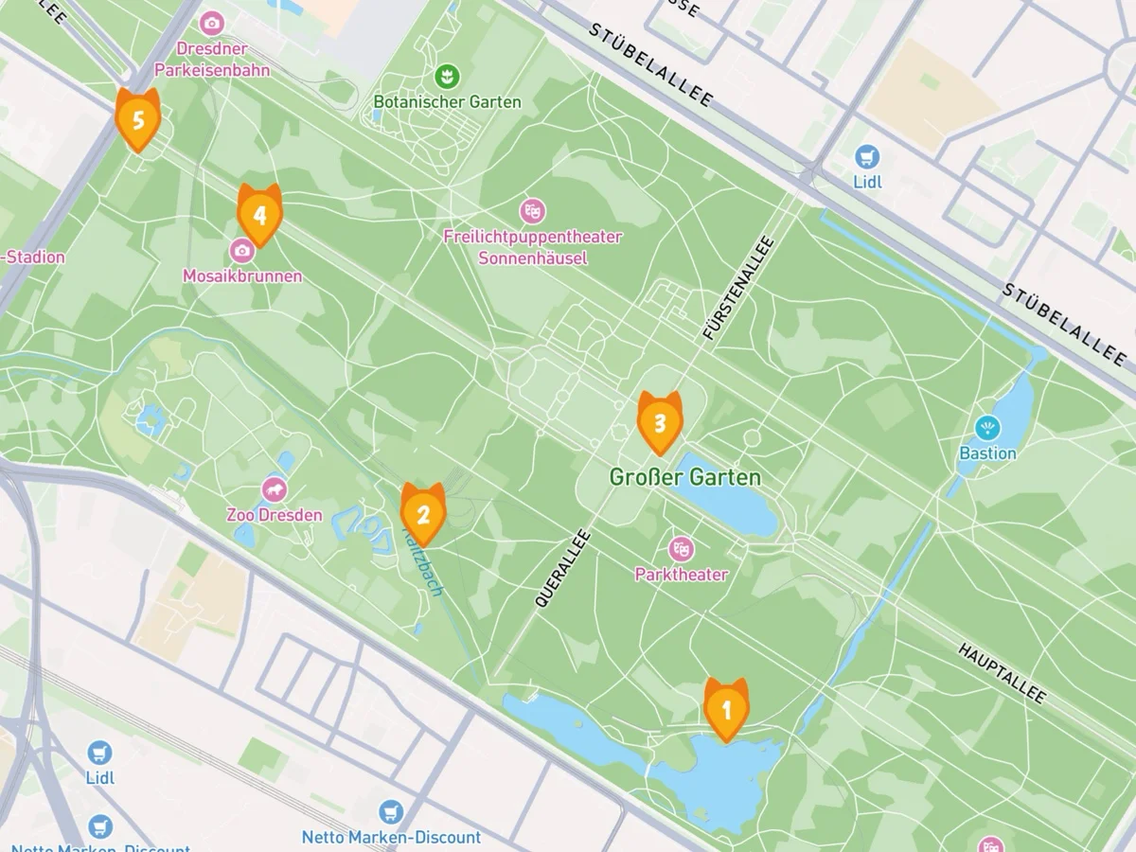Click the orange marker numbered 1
(x=726, y=708)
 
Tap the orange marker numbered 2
(x=423, y=513)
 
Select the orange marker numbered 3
(x=660, y=421)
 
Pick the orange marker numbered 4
(x=259, y=214)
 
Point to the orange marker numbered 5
(x=138, y=119)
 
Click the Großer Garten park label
(x=684, y=476)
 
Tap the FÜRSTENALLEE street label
(x=739, y=289)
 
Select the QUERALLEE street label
(x=563, y=568)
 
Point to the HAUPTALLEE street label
(x=1002, y=674)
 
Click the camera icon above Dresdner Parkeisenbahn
(x=212, y=22)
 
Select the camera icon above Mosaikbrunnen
(x=242, y=250)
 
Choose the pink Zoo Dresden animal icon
(x=275, y=489)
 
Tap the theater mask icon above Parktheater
(x=681, y=548)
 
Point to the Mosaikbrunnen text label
(x=242, y=276)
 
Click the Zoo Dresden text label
(x=275, y=516)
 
